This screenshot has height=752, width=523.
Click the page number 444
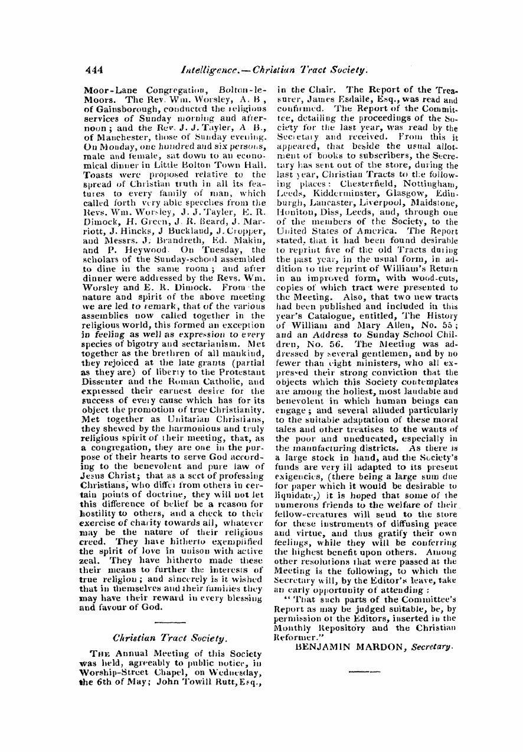(x=94, y=69)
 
